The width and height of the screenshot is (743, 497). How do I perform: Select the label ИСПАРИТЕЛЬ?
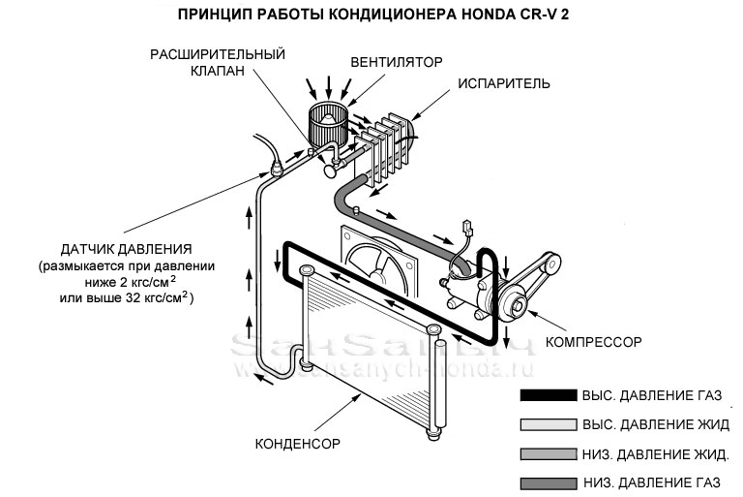coord(503,84)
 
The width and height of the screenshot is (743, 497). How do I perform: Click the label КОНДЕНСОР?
coord(299,445)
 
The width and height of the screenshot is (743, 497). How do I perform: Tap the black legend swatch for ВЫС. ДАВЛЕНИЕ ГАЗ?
coord(547,396)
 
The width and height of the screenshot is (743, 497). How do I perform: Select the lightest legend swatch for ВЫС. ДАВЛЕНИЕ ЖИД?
coord(547,424)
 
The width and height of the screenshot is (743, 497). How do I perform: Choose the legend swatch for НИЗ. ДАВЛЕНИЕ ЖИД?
coord(547,453)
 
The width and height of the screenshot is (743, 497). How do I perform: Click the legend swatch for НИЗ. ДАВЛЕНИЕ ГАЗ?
coord(547,482)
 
